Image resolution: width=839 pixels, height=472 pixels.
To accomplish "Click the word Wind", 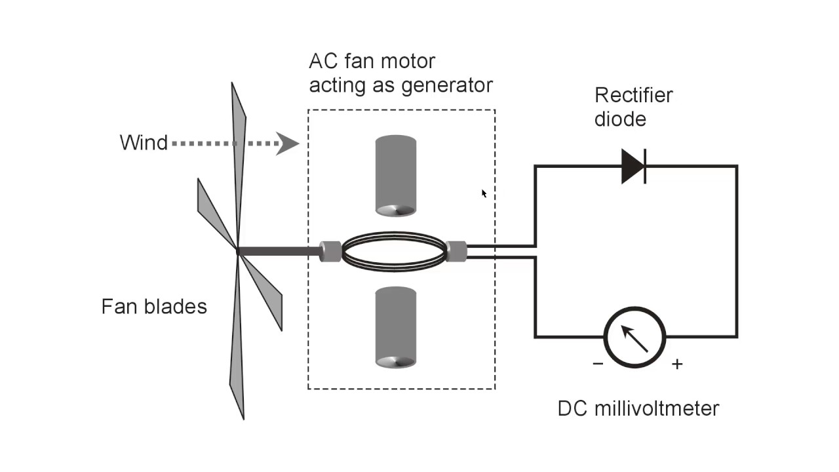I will [x=144, y=142].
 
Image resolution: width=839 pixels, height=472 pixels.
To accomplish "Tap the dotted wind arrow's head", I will [x=288, y=143].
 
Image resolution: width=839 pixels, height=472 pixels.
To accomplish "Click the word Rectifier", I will [x=633, y=95].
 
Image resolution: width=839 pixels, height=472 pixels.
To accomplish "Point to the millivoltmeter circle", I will [x=634, y=336].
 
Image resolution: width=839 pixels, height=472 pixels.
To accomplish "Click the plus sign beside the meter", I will [x=677, y=364].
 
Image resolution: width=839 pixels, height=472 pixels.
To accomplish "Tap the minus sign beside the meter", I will [x=598, y=363].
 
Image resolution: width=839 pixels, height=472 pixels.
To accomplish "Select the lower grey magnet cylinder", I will [x=396, y=326].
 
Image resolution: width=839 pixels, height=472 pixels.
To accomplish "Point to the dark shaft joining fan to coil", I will [x=279, y=250].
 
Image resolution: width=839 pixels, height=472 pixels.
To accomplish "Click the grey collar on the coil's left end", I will [x=330, y=251].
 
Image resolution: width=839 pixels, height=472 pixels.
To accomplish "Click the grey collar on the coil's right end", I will [x=456, y=251].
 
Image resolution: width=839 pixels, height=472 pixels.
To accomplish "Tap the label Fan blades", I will [x=154, y=306].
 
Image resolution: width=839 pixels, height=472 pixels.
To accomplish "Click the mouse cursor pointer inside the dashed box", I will [x=484, y=193].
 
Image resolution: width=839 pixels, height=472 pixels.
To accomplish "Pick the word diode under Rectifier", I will [x=620, y=119].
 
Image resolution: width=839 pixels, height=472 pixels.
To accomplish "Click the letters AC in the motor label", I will [x=322, y=62].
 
